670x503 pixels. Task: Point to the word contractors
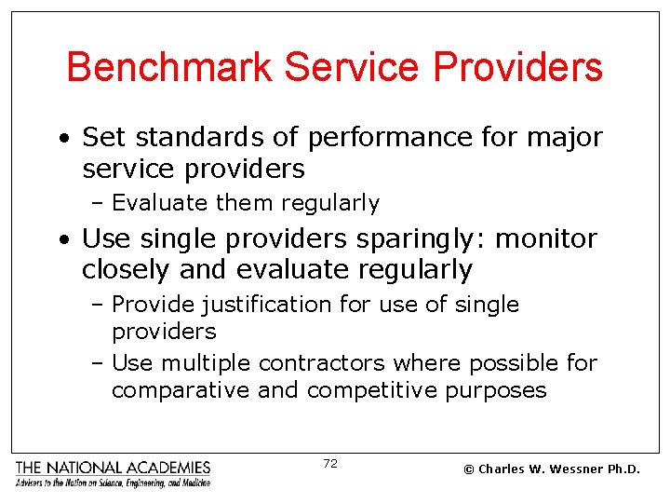tap(322, 362)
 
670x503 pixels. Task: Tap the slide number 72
tap(330, 464)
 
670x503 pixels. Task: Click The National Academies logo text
tap(113, 467)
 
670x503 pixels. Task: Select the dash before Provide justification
tap(100, 306)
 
